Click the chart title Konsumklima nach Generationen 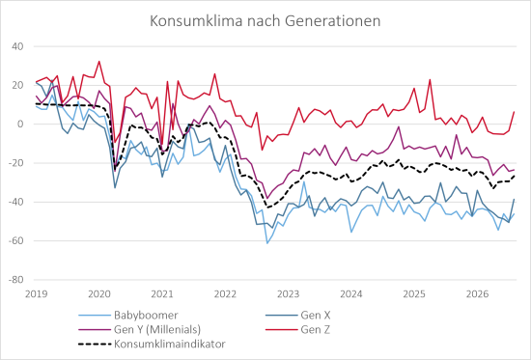click(265, 21)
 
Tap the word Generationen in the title click(332, 21)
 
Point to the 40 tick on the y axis click(17, 46)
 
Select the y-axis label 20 click(17, 85)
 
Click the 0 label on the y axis click(20, 125)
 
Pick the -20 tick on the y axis click(15, 163)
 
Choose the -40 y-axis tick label click(15, 202)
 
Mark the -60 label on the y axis click(15, 241)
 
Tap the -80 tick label click(15, 280)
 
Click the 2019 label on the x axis click(37, 294)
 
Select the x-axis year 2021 click(162, 294)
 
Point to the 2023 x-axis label click(289, 294)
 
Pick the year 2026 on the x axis click(477, 294)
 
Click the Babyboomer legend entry click(146, 316)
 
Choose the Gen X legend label click(316, 316)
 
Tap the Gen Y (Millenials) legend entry click(157, 329)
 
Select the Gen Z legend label click(316, 329)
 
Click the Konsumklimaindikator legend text click(170, 345)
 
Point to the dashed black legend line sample click(95, 345)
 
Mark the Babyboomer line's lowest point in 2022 click(267, 243)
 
